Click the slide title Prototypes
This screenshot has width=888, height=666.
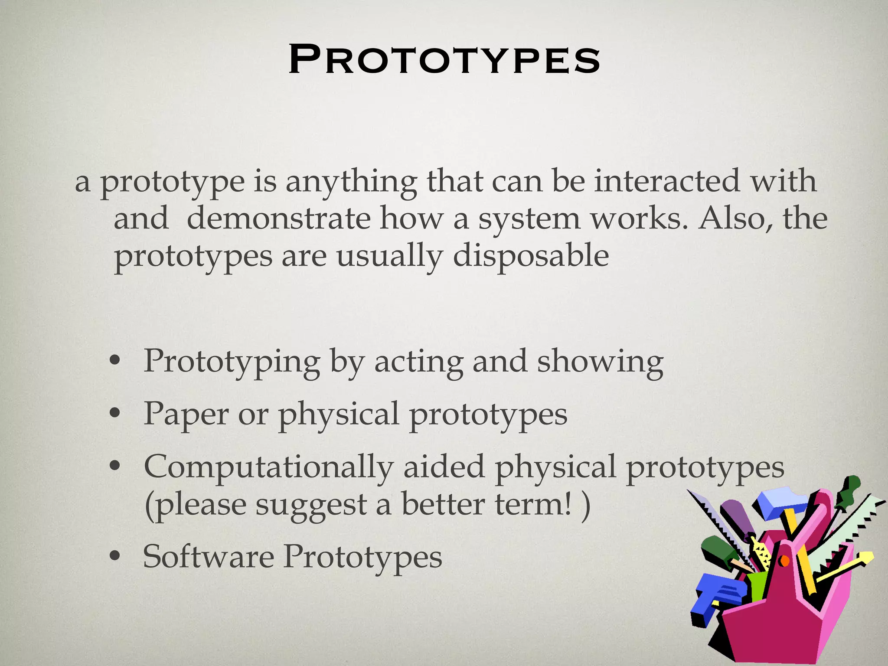point(444,60)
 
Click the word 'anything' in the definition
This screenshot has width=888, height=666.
point(351,182)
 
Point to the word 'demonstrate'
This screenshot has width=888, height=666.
point(278,219)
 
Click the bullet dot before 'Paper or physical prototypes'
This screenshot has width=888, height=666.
point(114,415)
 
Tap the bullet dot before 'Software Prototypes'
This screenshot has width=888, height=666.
point(114,557)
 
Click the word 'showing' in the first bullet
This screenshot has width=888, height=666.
point(600,362)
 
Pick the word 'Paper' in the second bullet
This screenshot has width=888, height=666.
point(186,414)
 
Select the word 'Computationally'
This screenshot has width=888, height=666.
point(268,468)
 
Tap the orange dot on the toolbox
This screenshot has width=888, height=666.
point(784,562)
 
